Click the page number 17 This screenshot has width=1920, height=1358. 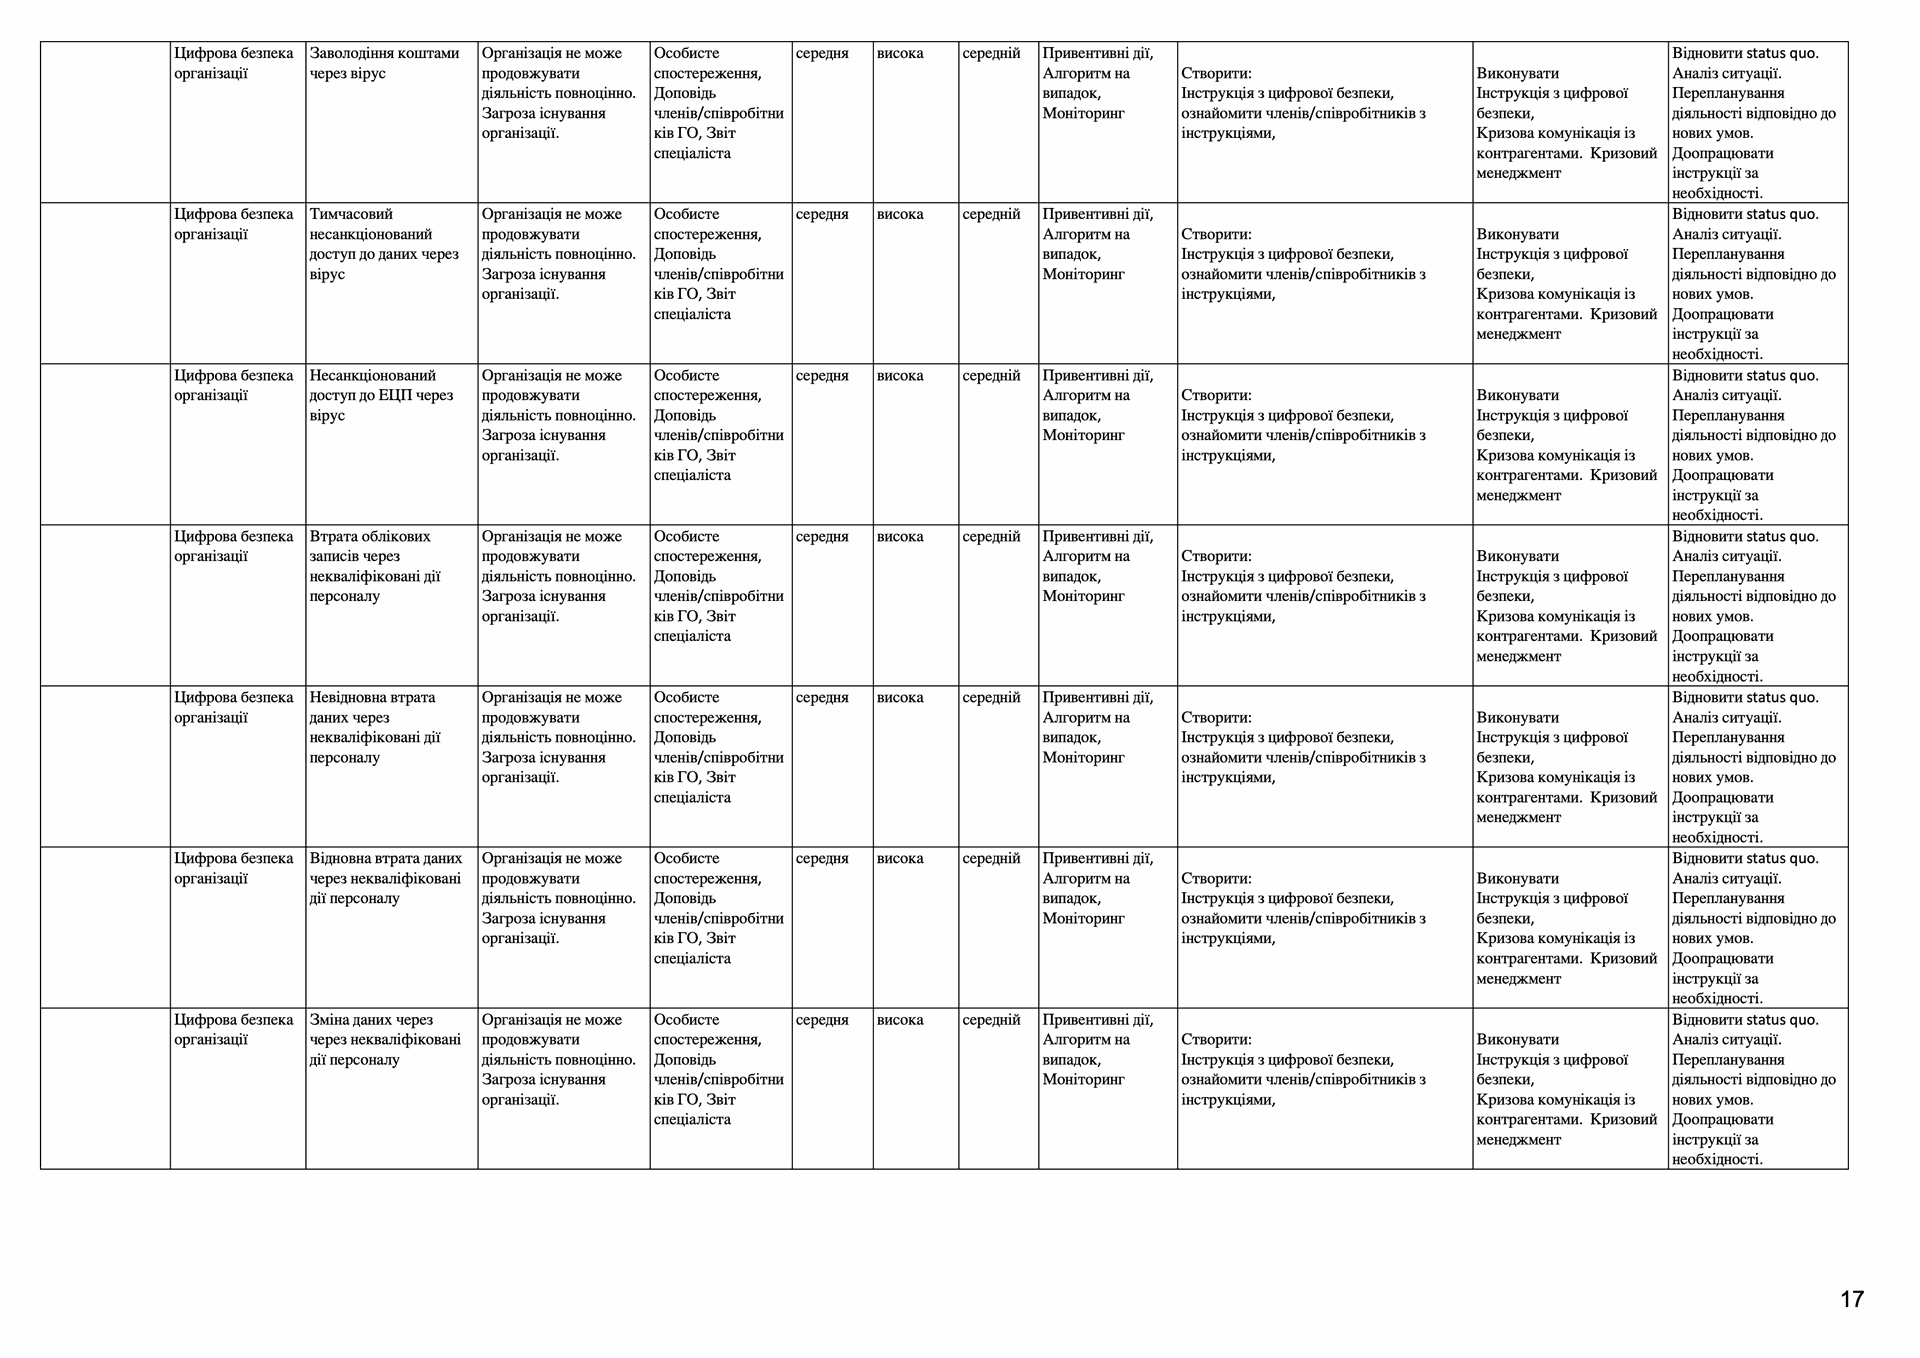coord(1851,1299)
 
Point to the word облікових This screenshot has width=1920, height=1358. coord(396,536)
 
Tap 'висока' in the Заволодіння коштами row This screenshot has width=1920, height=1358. coord(900,53)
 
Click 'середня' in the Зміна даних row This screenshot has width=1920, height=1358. coord(822,1020)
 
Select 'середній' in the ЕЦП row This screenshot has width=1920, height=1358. coord(991,376)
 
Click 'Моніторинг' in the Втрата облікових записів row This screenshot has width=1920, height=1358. coord(1083,596)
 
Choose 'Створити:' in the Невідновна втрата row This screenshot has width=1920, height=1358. coord(1216,717)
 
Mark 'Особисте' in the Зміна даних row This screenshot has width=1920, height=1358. coord(686,1020)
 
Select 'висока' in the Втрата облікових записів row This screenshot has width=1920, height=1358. coord(900,536)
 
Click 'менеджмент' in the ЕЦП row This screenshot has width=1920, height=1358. coord(1518,495)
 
